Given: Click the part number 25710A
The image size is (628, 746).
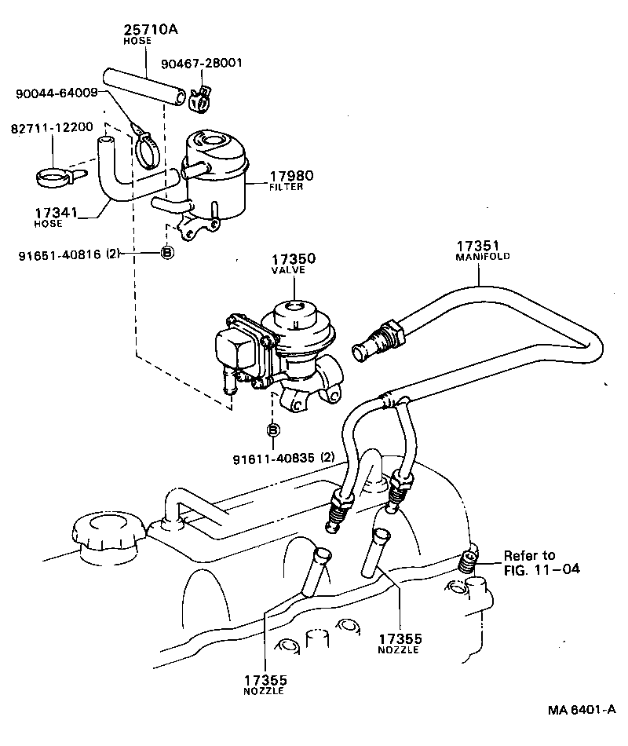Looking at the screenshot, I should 152,30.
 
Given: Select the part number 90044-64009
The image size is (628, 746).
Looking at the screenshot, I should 57,93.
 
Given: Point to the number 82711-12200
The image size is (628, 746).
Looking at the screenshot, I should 52,127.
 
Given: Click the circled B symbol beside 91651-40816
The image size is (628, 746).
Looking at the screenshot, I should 166,253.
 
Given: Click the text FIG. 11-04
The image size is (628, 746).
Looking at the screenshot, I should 541,569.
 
